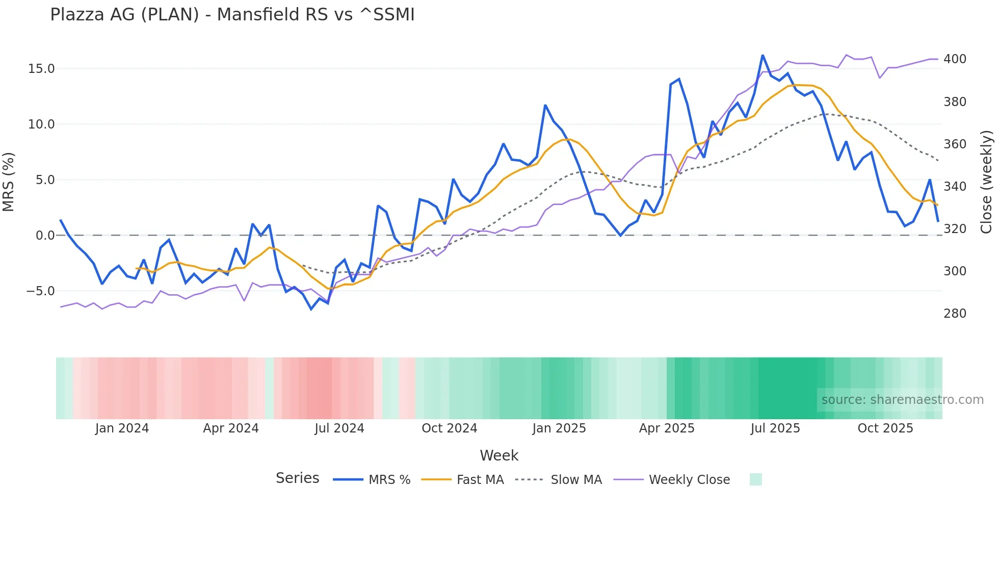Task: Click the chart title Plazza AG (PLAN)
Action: point(232,15)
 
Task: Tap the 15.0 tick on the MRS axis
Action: point(41,69)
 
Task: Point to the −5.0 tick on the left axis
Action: point(40,291)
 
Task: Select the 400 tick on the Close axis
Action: point(955,59)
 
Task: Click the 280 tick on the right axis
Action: point(955,314)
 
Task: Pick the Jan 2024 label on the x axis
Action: point(122,428)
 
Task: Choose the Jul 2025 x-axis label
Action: point(775,428)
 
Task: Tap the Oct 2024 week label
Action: point(449,428)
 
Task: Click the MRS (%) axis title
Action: point(8,182)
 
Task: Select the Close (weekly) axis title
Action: point(986,182)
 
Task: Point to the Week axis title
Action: point(498,455)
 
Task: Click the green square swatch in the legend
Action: point(755,479)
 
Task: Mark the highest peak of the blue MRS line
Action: point(763,55)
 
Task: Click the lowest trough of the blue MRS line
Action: point(311,309)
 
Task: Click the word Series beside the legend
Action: point(297,478)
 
